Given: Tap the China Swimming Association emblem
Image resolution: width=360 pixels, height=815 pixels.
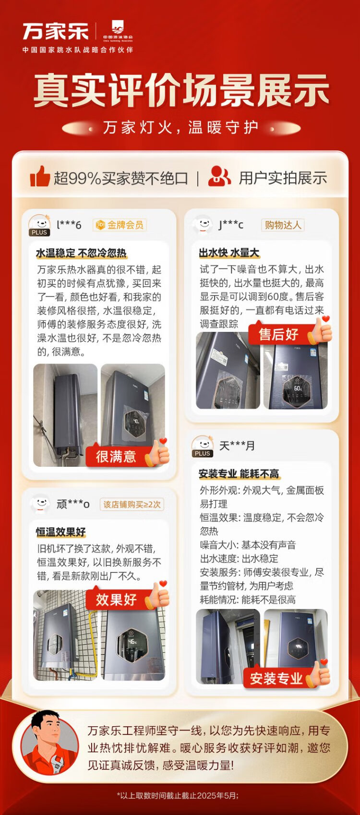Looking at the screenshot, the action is click(x=118, y=31).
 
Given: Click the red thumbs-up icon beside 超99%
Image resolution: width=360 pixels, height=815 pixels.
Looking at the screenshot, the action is click(x=40, y=176).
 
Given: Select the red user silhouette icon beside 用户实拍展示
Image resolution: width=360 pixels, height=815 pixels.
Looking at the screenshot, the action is click(x=219, y=176).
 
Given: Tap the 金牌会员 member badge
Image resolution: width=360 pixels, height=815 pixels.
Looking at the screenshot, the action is click(x=120, y=225).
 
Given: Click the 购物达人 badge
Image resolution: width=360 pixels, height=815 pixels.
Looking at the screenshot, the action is click(x=283, y=225).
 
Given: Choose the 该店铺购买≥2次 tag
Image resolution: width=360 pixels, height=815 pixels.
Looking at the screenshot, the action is click(x=132, y=504).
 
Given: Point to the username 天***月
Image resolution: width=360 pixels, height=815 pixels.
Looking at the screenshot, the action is click(x=237, y=445).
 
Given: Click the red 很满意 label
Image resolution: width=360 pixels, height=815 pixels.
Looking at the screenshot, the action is click(x=116, y=456).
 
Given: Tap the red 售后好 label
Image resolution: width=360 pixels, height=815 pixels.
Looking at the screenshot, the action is click(x=278, y=334).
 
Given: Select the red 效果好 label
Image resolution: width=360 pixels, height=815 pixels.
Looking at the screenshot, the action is click(x=116, y=599).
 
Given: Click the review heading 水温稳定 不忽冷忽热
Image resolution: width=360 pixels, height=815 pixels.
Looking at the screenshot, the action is click(x=81, y=253).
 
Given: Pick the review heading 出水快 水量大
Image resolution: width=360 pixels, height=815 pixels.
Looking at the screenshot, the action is click(x=229, y=253).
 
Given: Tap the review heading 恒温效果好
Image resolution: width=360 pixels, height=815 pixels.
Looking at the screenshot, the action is click(x=61, y=532).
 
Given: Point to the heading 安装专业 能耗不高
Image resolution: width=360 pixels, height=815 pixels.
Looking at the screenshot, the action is click(x=239, y=474).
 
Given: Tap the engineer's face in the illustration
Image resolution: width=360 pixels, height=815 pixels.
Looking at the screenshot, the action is click(x=47, y=728).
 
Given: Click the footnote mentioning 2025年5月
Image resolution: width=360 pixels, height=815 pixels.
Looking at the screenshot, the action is click(x=178, y=796).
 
